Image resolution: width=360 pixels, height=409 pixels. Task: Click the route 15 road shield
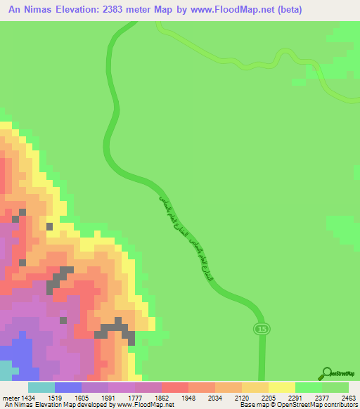[x=261, y=328]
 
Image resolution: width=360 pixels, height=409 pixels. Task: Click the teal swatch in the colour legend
[x=41, y=387]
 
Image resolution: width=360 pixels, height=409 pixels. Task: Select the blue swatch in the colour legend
[x=68, y=387]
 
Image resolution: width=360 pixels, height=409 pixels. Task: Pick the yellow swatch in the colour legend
[x=282, y=387]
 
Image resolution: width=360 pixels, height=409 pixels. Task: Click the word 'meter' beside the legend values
[x=11, y=396]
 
